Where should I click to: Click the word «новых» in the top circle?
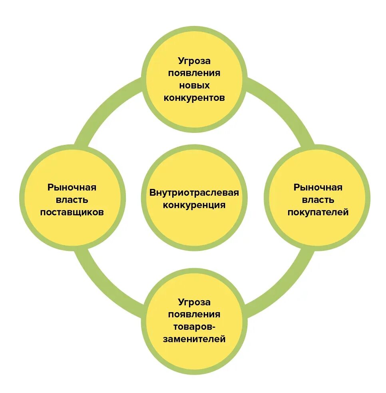click(x=194, y=86)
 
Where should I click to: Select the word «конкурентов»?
click(x=194, y=98)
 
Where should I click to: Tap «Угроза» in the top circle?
click(x=194, y=61)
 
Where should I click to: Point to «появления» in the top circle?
click(x=194, y=73)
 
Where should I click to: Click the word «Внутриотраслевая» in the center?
click(x=194, y=193)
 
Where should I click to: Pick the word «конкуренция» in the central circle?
click(x=194, y=205)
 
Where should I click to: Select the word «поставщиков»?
click(x=72, y=212)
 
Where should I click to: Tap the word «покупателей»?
click(x=318, y=212)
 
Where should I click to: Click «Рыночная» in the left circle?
click(x=72, y=187)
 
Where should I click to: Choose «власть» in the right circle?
click(x=318, y=200)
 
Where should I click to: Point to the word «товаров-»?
click(x=194, y=327)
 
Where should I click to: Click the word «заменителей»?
click(x=194, y=339)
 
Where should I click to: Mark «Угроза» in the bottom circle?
click(x=194, y=302)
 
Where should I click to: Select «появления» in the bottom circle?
click(x=194, y=314)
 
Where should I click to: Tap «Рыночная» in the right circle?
click(x=318, y=187)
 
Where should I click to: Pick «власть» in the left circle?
click(x=72, y=200)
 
